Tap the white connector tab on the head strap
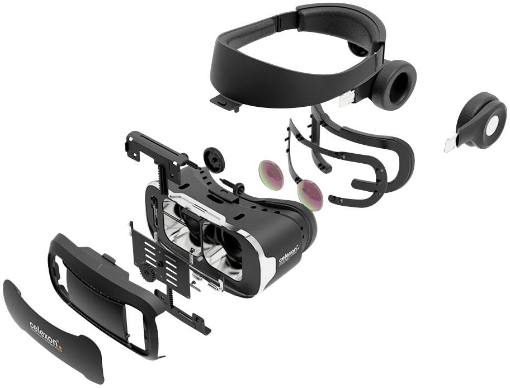(x=346, y=99)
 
